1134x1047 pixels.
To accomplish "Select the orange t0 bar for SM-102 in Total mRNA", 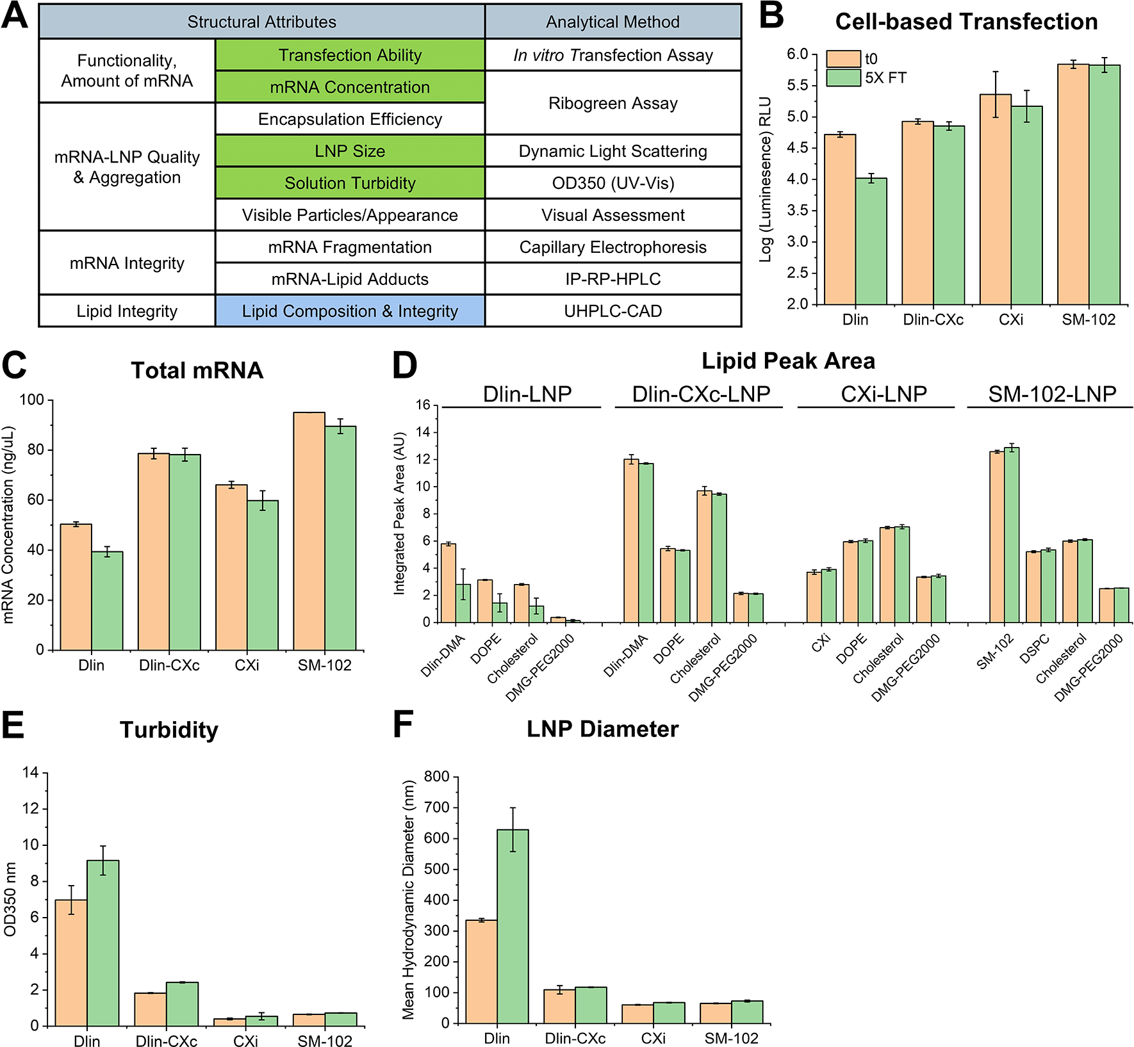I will pyautogui.click(x=309, y=532).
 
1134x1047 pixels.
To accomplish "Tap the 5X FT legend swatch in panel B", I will pyautogui.click(x=842, y=77).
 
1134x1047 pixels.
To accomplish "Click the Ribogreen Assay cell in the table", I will pyautogui.click(x=612, y=103).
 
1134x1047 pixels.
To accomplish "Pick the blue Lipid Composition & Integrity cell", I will pyautogui.click(x=350, y=311).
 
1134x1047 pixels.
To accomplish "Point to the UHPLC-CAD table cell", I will pyautogui.click(x=612, y=311).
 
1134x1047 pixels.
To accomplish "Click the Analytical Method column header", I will pyautogui.click(x=612, y=22).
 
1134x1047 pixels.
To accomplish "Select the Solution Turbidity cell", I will pyautogui.click(x=350, y=183).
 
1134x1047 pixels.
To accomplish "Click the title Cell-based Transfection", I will pyautogui.click(x=966, y=22).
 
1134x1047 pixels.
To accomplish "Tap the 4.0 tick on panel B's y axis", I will pyautogui.click(x=798, y=179).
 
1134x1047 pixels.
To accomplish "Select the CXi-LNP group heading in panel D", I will pyautogui.click(x=883, y=394).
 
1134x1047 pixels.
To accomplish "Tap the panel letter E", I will pyautogui.click(x=13, y=726).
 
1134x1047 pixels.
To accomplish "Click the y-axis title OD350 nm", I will pyautogui.click(x=10, y=899).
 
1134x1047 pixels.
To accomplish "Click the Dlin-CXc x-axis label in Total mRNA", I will pyautogui.click(x=169, y=665).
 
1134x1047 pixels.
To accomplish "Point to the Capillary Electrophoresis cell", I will pyautogui.click(x=612, y=247).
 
